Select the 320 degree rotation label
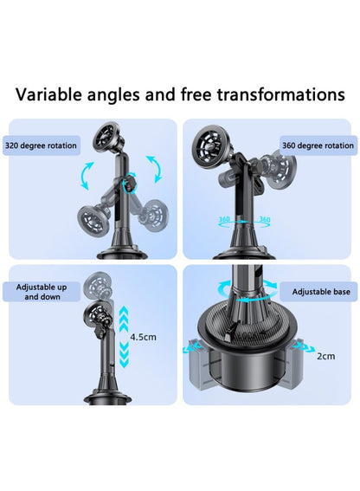pyautogui.click(x=41, y=145)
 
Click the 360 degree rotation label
pyautogui.click(x=318, y=145)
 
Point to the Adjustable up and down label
pyautogui.click(x=42, y=292)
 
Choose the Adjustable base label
pyautogui.click(x=321, y=292)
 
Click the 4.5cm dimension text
pyautogui.click(x=143, y=337)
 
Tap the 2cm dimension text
pyautogui.click(x=326, y=356)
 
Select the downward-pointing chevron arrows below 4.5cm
pyautogui.click(x=125, y=354)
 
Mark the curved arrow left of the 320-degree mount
pyautogui.click(x=87, y=175)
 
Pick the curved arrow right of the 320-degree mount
pyautogui.click(x=154, y=169)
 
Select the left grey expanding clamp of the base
pyautogui.click(x=198, y=364)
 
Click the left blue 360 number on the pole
pyautogui.click(x=224, y=219)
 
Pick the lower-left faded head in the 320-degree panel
pyautogui.click(x=92, y=218)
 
